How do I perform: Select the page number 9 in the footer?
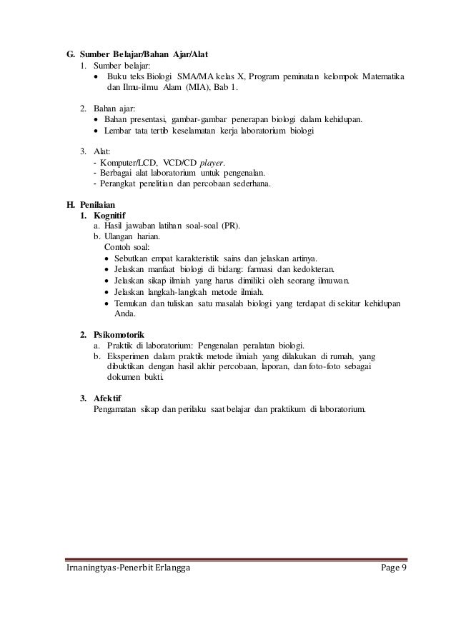click(402, 568)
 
